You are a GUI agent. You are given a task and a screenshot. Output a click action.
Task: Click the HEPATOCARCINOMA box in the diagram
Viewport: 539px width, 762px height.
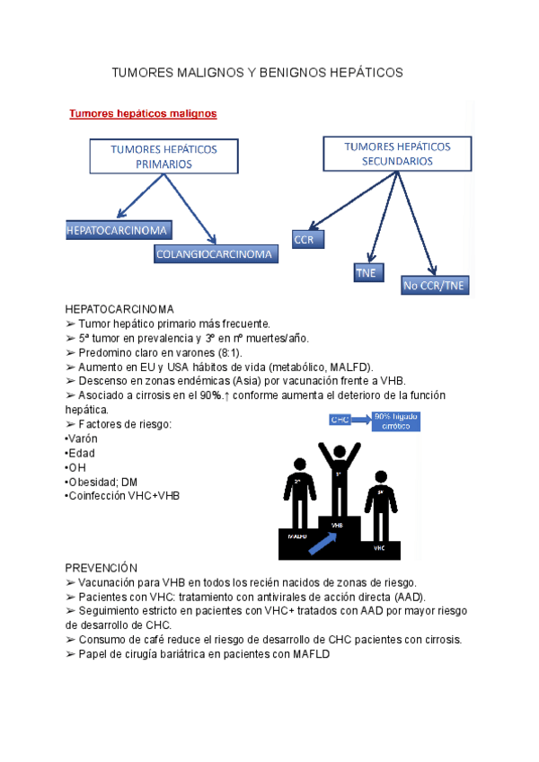[x=118, y=231]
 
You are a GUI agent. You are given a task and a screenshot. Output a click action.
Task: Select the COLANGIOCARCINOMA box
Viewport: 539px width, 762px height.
[x=214, y=254]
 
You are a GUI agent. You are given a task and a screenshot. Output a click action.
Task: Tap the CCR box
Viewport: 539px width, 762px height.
[x=308, y=240]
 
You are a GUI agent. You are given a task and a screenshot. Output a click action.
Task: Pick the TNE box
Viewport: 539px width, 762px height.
[x=367, y=272]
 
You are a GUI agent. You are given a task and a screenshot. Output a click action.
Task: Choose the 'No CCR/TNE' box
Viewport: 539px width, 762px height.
[x=435, y=286]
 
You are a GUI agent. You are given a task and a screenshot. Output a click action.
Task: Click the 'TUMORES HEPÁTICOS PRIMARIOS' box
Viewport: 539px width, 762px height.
[x=163, y=156]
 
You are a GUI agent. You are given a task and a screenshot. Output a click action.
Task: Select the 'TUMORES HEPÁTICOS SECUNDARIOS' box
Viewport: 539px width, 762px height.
[x=397, y=154]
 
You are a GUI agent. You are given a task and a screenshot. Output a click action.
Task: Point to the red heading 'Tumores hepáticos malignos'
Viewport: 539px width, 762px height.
[x=143, y=114]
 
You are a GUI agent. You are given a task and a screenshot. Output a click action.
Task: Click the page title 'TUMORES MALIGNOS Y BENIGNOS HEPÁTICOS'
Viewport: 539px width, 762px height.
[x=257, y=71]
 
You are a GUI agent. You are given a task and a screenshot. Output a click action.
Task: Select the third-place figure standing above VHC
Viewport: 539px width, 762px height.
[x=380, y=508]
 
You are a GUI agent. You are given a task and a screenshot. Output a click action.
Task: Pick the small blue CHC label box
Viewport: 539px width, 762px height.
[x=340, y=420]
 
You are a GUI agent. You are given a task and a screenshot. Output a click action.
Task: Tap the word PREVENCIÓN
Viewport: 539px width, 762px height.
[x=101, y=568]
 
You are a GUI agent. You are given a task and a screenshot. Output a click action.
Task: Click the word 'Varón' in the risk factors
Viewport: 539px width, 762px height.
[x=83, y=439]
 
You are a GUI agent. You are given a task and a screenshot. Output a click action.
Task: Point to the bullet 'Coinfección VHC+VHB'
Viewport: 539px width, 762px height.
[x=124, y=496]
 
